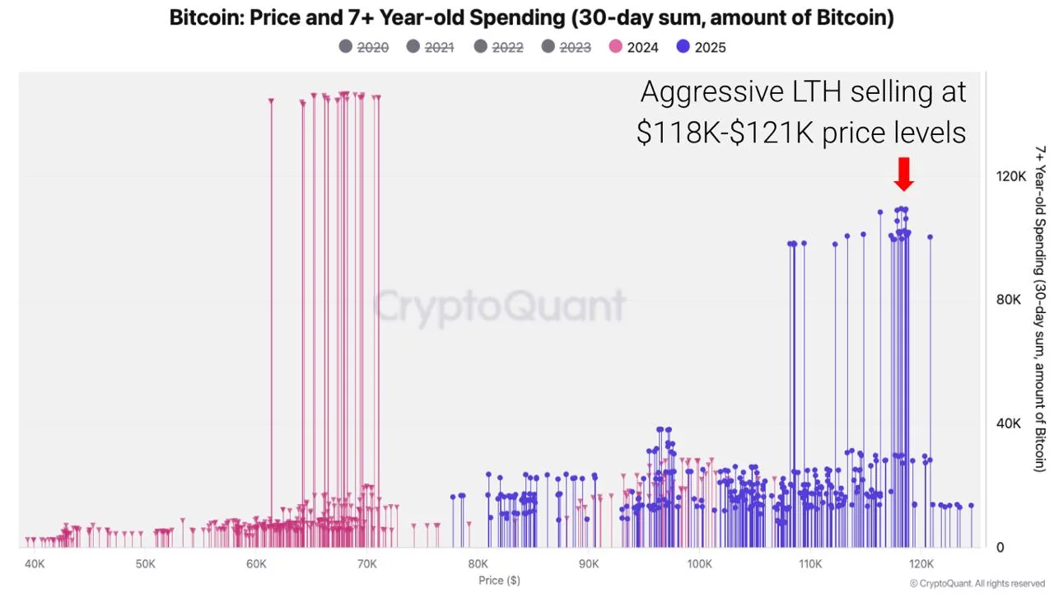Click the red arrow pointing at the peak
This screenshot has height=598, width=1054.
click(903, 174)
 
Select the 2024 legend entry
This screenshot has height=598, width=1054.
click(633, 47)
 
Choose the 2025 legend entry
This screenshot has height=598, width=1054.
click(701, 47)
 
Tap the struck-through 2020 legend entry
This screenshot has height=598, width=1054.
click(363, 47)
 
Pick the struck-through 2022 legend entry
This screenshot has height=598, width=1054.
click(498, 47)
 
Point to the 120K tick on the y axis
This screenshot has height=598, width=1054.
click(1011, 176)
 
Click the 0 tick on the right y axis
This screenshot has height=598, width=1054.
click(1000, 547)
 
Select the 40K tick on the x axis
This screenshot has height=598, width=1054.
click(35, 564)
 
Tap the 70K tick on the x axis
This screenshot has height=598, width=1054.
click(367, 564)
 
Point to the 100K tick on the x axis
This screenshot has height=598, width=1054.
click(699, 564)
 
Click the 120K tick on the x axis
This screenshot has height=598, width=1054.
click(921, 564)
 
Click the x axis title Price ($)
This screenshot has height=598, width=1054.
click(499, 581)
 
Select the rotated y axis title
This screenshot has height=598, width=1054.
click(1041, 309)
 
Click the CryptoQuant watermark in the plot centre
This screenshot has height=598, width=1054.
click(500, 306)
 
